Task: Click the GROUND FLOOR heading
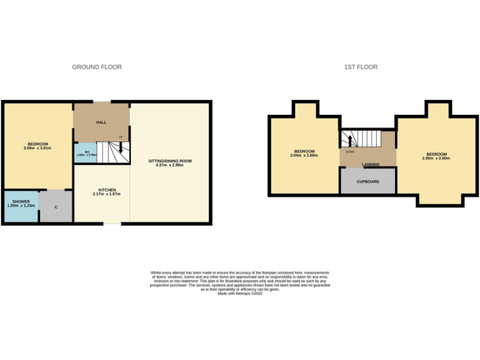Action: pyautogui.click(x=97, y=67)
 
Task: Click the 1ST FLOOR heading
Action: pyautogui.click(x=361, y=67)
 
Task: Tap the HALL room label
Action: pyautogui.click(x=101, y=122)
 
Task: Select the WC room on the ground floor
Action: pyautogui.click(x=81, y=153)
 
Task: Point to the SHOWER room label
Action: pyautogui.click(x=21, y=201)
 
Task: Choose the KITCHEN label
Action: pyautogui.click(x=107, y=190)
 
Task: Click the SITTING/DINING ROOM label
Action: pyautogui.click(x=170, y=161)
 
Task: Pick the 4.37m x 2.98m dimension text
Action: pyautogui.click(x=170, y=166)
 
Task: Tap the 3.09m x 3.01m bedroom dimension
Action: pyautogui.click(x=37, y=148)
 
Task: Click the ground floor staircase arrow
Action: pyautogui.click(x=120, y=149)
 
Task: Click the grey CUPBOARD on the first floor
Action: pyautogui.click(x=367, y=181)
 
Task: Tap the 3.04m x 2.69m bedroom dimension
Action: pyautogui.click(x=305, y=155)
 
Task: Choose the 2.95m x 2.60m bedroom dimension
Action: pyautogui.click(x=436, y=158)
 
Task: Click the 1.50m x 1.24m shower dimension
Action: pyautogui.click(x=21, y=206)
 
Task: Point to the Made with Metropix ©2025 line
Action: pyautogui.click(x=240, y=293)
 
